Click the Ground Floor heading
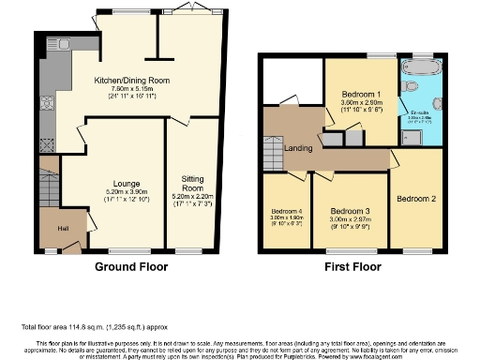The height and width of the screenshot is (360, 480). tap(130, 266)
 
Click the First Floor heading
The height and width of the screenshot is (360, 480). tap(358, 266)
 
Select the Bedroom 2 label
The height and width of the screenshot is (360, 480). tap(415, 200)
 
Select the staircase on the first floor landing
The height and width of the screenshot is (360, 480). tap(272, 150)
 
